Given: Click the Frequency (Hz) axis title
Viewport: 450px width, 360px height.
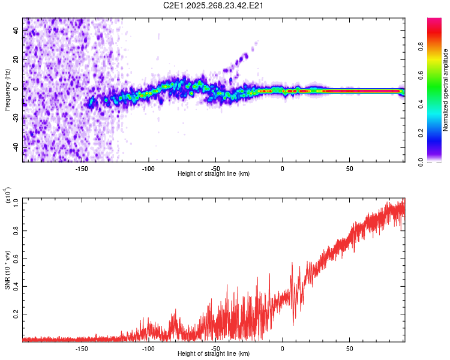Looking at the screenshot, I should [x=7, y=91].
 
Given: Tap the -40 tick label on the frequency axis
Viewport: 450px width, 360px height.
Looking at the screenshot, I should [x=16, y=148].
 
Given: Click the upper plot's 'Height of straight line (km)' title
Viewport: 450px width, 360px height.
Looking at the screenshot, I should [x=214, y=174].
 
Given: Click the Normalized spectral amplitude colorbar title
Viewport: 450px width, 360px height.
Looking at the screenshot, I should [x=446, y=91].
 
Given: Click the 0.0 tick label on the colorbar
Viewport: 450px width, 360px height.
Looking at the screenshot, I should [x=422, y=162].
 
